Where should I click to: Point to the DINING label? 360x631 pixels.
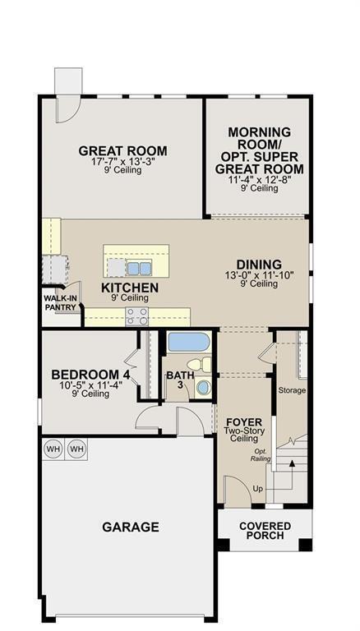259,264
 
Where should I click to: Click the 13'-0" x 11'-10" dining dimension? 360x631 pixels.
259,275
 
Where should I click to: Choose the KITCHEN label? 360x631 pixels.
130,288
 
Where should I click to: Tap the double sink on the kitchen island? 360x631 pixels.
139,268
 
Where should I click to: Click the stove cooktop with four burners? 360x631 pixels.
136,316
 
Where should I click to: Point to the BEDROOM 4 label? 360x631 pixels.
90,374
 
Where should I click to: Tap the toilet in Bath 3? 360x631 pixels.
194,365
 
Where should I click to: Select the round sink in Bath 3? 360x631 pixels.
202,386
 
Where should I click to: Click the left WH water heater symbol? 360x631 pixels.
53,449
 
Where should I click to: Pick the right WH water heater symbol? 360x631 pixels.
77,449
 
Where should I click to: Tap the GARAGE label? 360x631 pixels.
130,527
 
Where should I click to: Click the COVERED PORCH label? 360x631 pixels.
265,530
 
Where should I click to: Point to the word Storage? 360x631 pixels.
292,389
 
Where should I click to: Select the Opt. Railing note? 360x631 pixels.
261,455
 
